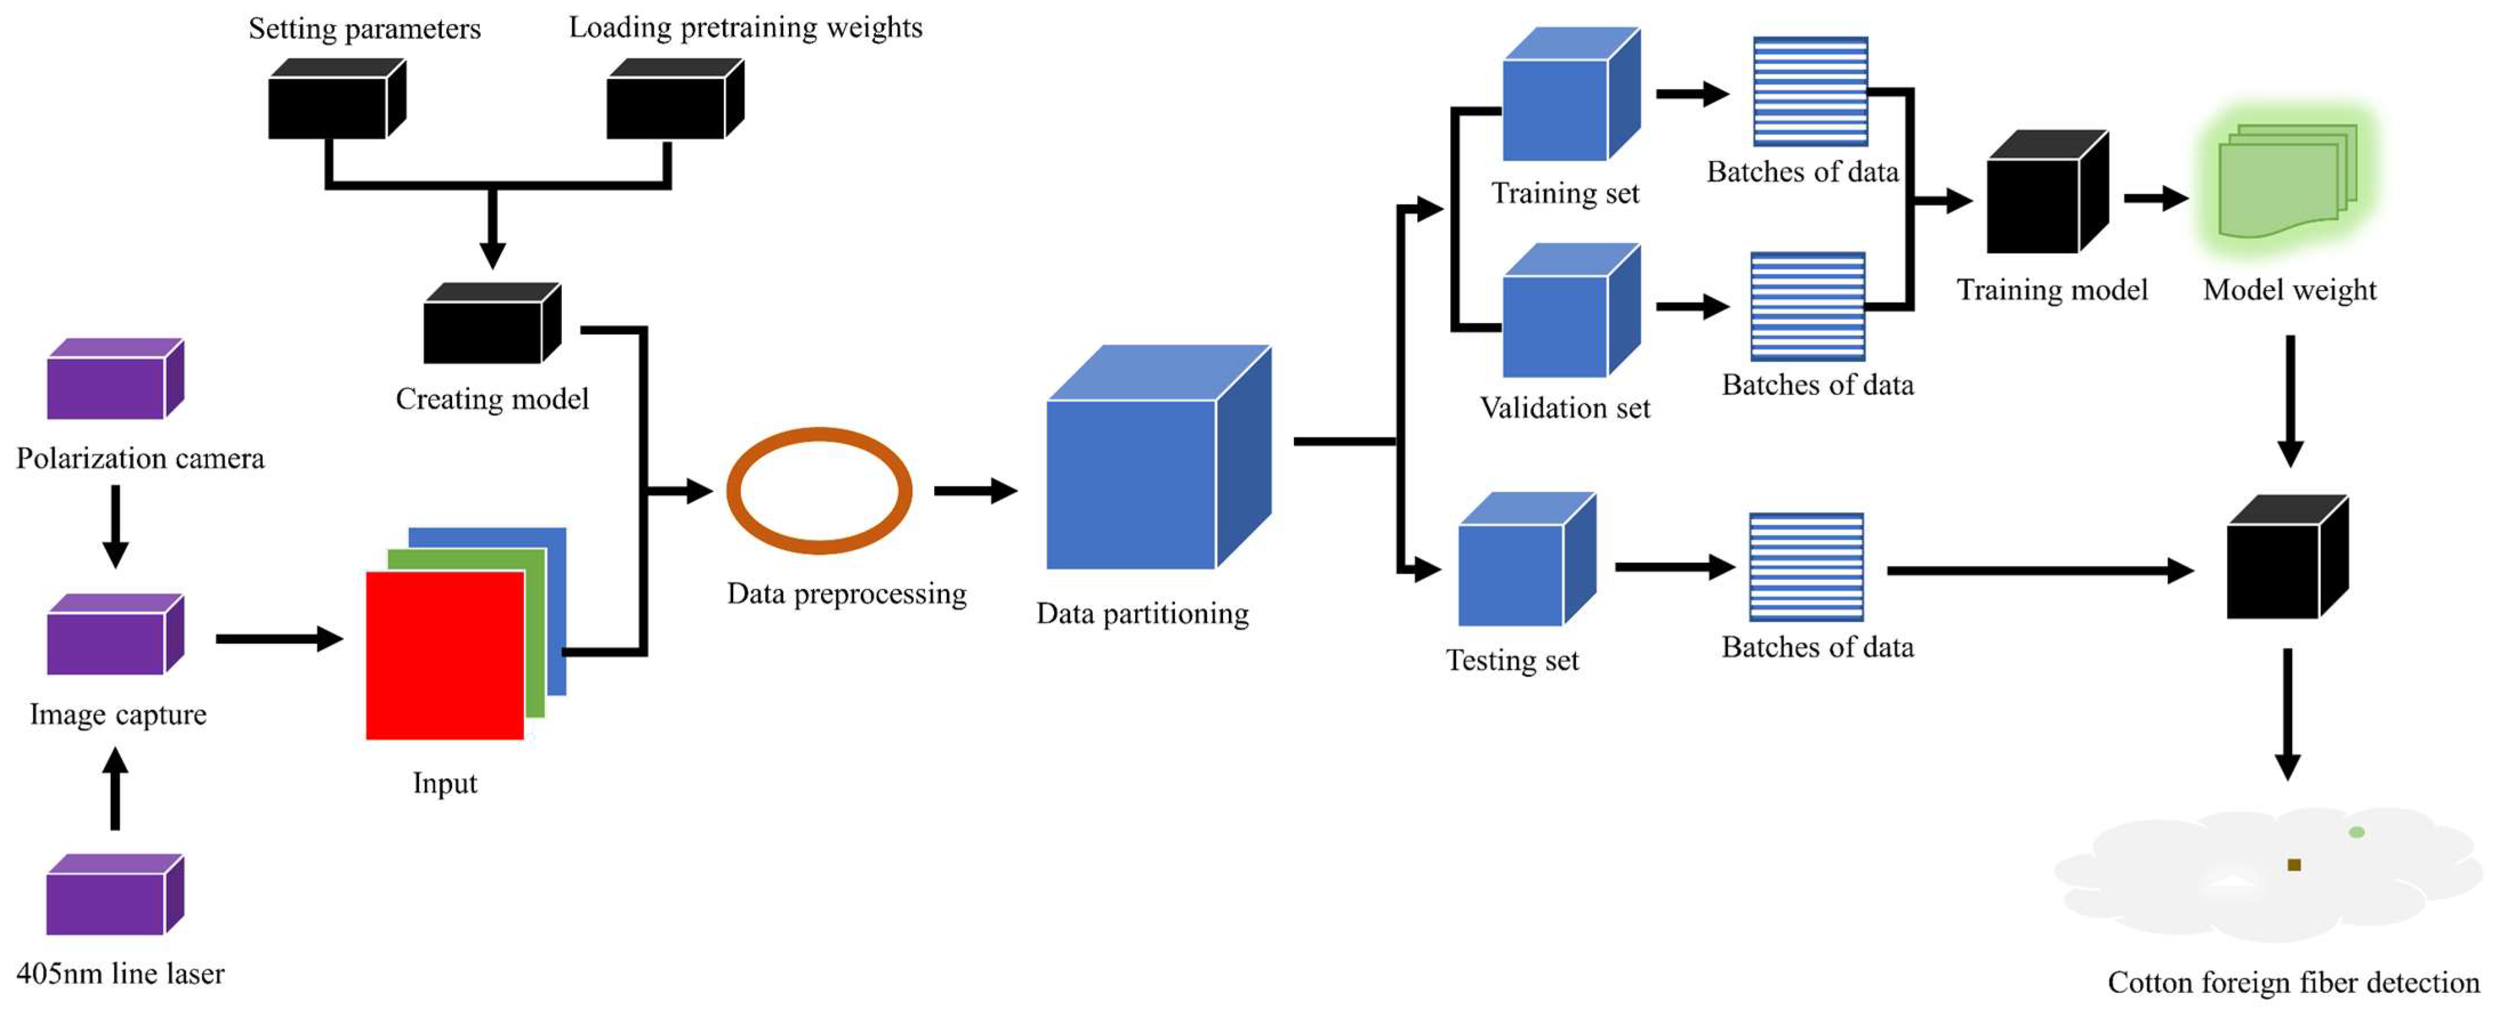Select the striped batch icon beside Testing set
click(x=1807, y=567)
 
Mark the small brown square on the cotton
click(x=2294, y=864)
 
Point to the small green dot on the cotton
click(x=2356, y=832)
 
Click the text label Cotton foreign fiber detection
click(x=2293, y=982)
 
